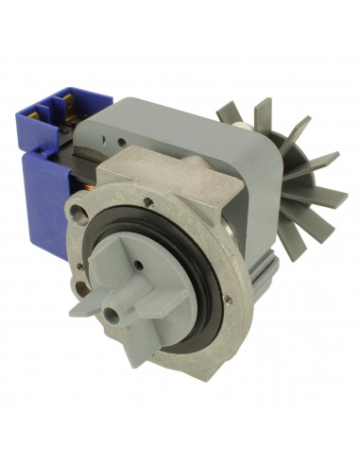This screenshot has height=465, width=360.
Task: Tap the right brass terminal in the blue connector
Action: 74,95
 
